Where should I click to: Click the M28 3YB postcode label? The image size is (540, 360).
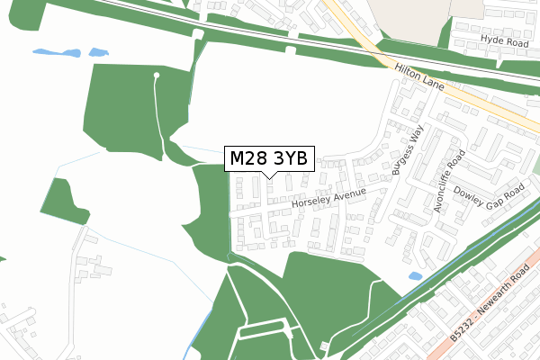268,159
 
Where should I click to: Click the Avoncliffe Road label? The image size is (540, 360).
450,179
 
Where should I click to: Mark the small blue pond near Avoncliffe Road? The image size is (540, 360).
415,276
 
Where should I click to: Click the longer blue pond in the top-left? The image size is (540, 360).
56,52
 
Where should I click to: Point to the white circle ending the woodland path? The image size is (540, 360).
157,75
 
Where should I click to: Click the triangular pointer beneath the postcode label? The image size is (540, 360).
268,175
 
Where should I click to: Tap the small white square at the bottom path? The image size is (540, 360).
324,346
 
